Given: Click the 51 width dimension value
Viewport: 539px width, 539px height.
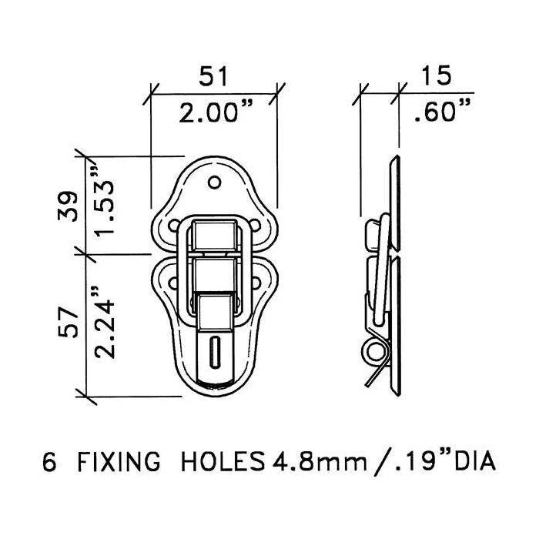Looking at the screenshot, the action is (213, 76).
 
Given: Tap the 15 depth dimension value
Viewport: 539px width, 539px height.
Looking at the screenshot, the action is (436, 75).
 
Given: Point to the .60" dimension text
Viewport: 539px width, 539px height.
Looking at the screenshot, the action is (442, 111).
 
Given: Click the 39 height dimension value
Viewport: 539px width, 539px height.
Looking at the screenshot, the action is (68, 206).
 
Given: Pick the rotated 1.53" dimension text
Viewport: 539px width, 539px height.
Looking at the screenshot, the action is (104, 202).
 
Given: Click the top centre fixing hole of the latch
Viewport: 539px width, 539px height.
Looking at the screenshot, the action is (215, 182).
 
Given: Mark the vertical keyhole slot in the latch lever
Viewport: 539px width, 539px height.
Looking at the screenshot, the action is (215, 353).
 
